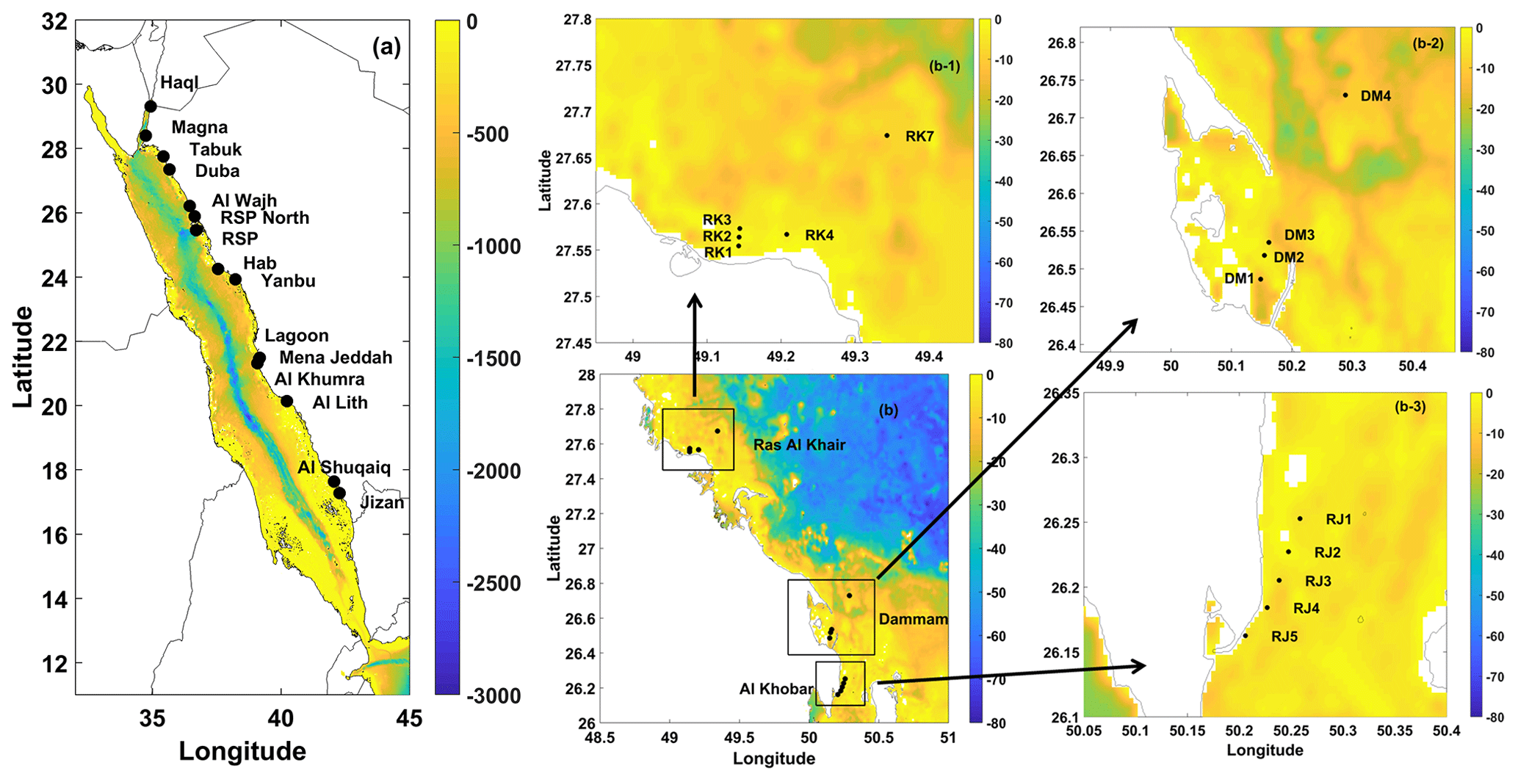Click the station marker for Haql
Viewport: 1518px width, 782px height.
151,106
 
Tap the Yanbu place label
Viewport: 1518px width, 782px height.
289,281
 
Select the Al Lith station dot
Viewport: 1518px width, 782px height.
287,401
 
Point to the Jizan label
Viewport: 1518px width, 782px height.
382,503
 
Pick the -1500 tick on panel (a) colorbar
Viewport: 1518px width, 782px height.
494,359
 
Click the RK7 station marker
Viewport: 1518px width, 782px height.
887,136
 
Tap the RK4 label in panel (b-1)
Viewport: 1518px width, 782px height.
819,236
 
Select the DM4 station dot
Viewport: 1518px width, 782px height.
1345,95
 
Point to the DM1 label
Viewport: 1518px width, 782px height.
1239,278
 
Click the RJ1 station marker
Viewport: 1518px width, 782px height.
1300,519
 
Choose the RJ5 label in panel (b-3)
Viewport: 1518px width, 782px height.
1284,637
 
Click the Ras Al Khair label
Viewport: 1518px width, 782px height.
799,445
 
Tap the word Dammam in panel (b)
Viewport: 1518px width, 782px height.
913,619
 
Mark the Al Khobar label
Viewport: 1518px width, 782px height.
776,689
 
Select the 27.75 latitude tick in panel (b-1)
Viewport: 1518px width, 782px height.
574,66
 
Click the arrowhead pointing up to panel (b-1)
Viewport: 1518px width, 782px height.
694,300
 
